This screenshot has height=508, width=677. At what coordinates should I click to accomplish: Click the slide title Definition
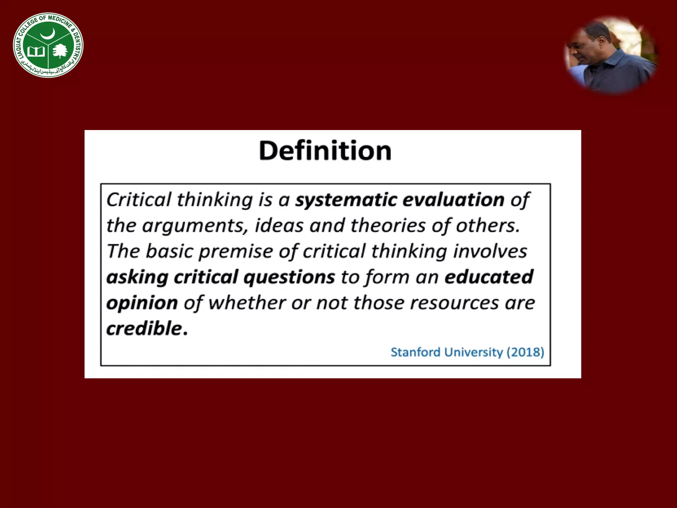tap(325, 151)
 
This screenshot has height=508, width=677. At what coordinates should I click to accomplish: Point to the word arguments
tap(195, 226)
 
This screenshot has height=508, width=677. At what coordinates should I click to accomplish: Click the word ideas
tap(279, 226)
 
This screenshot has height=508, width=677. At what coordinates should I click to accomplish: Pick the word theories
tap(388, 226)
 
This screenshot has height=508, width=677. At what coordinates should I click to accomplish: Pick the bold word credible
tap(144, 328)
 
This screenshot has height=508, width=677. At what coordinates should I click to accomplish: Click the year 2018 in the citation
tap(526, 352)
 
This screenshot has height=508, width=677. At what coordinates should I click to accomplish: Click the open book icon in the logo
tap(36, 51)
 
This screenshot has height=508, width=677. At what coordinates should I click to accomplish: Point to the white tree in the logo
tap(60, 51)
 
